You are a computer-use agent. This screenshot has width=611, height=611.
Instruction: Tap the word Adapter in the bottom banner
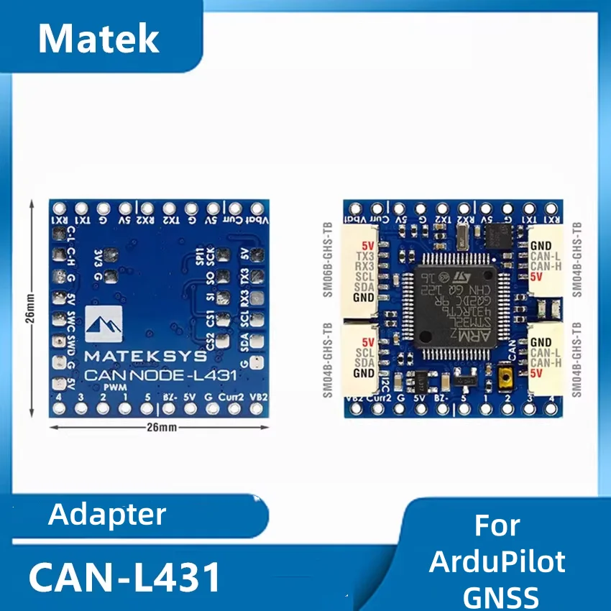pyautogui.click(x=108, y=515)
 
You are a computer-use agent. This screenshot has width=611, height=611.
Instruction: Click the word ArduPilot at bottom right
pyautogui.click(x=497, y=561)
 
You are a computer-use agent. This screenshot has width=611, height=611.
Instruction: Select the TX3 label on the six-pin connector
pyautogui.click(x=364, y=257)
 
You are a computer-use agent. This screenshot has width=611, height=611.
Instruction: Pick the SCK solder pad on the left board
pyautogui.click(x=222, y=255)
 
